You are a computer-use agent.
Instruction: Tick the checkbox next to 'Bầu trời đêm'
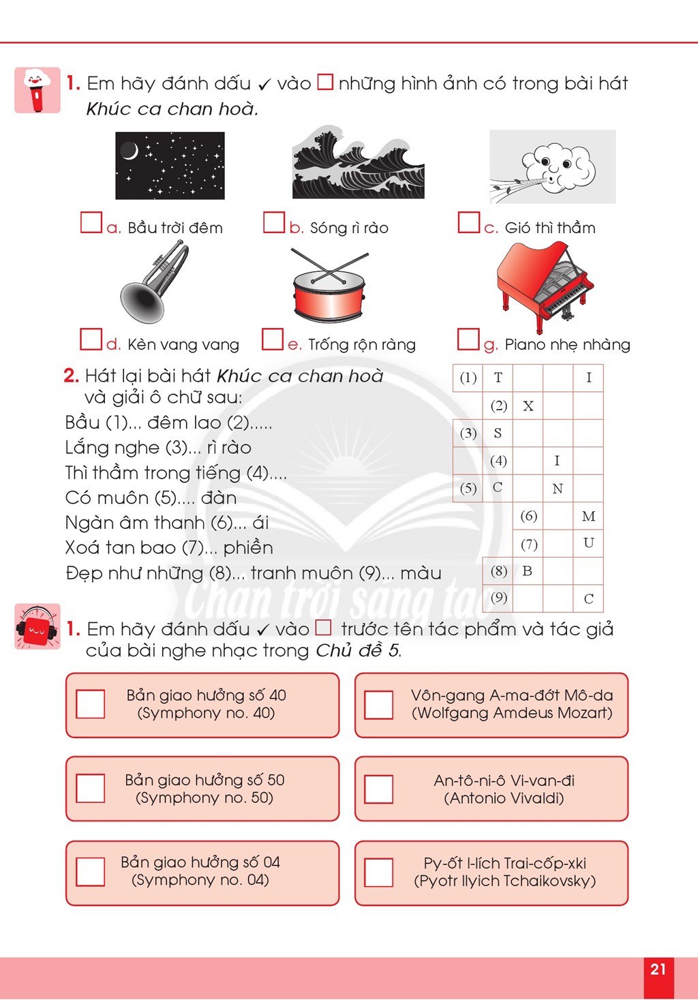pyautogui.click(x=91, y=222)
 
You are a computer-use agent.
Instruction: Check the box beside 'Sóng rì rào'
pyautogui.click(x=273, y=222)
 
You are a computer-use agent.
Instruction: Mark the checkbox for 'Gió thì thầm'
pyautogui.click(x=468, y=222)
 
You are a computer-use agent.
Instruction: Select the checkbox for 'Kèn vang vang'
pyautogui.click(x=91, y=339)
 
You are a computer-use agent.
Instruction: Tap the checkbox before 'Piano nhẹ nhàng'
pyautogui.click(x=468, y=339)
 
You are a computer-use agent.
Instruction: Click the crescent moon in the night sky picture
pyautogui.click(x=130, y=151)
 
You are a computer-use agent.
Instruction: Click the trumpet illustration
pyautogui.click(x=154, y=282)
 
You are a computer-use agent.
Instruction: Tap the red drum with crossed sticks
pyautogui.click(x=330, y=285)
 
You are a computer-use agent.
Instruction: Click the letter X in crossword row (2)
pyautogui.click(x=528, y=406)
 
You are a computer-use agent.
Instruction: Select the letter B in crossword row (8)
pyautogui.click(x=527, y=571)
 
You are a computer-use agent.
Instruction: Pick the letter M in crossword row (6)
pyautogui.click(x=588, y=516)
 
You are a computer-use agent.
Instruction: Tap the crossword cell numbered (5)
pyautogui.click(x=468, y=488)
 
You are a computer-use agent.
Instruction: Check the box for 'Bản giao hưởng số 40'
pyautogui.click(x=90, y=704)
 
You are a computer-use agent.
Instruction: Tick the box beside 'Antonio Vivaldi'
pyautogui.click(x=378, y=789)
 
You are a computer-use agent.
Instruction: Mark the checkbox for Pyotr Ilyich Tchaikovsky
pyautogui.click(x=378, y=872)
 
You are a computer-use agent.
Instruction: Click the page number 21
pyautogui.click(x=658, y=969)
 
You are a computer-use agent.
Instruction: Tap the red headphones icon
pyautogui.click(x=37, y=626)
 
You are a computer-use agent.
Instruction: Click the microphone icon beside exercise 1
pyautogui.click(x=37, y=90)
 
